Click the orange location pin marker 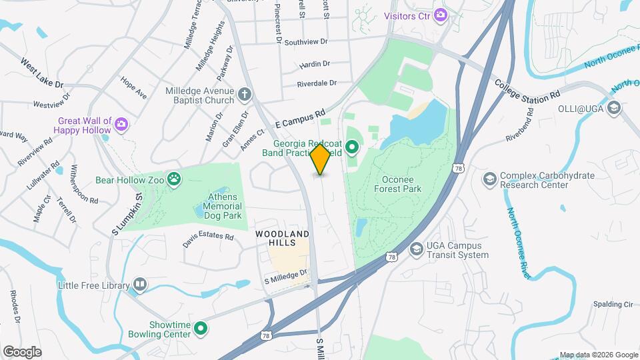(321, 159)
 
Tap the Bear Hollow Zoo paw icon (174, 179)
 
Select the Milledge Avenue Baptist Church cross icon (245, 95)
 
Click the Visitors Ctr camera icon (440, 15)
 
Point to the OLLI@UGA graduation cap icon (614, 107)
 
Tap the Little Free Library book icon (140, 285)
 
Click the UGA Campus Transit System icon (417, 249)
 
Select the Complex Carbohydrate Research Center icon (490, 180)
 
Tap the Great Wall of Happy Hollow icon (121, 125)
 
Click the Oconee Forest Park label (403, 184)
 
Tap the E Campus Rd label (300, 119)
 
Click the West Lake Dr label (41, 73)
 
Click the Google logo (22, 351)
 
